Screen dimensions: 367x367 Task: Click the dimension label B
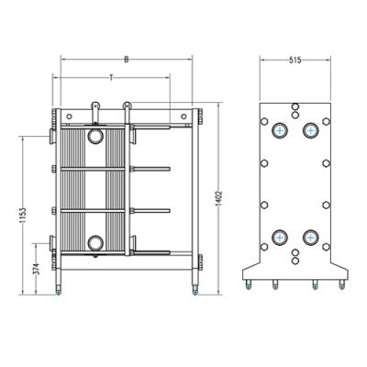pyautogui.click(x=127, y=60)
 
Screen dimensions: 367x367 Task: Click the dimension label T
pyautogui.click(x=111, y=78)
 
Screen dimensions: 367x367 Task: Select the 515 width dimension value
pyautogui.click(x=295, y=61)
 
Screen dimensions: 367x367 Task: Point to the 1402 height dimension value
pyautogui.click(x=219, y=198)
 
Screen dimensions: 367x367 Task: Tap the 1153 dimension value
pyautogui.click(x=23, y=216)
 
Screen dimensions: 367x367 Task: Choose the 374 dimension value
pyautogui.click(x=36, y=269)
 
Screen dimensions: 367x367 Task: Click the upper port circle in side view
pyautogui.click(x=95, y=136)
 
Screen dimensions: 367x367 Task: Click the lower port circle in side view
pyautogui.click(x=95, y=243)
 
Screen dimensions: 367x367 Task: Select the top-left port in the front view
pyautogui.click(x=280, y=130)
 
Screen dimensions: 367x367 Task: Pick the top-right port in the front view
pyautogui.click(x=310, y=130)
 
